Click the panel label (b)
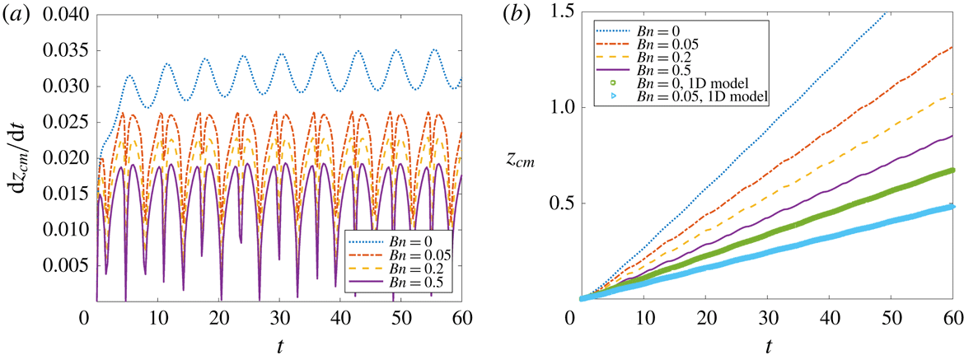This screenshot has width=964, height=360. (522, 14)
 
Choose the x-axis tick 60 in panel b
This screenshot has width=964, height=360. (953, 317)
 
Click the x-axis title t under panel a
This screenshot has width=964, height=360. (278, 343)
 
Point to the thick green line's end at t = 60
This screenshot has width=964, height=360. (952, 171)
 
